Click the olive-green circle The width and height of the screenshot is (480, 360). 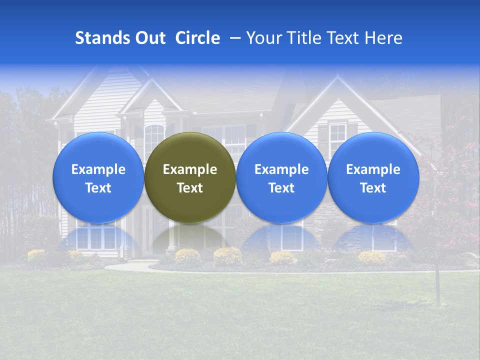pos(190,177)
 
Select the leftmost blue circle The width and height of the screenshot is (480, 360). pos(98,177)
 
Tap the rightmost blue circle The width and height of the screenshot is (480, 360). pos(373,177)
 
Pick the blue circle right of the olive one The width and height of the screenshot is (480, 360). pos(281,177)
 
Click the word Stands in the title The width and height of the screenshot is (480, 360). pos(101,38)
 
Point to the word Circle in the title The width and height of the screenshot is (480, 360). pos(197,38)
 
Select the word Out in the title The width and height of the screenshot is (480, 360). pos(149,38)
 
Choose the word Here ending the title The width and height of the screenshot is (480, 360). pos(383,38)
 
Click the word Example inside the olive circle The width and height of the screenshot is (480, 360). pos(190,169)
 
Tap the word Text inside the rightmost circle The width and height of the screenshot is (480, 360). pos(373,188)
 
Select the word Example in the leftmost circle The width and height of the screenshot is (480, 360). pos(98,169)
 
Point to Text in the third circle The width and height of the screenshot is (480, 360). pos(281,188)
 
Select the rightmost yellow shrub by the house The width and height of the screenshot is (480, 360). pos(371,257)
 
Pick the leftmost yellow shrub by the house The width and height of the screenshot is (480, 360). pos(36,255)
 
